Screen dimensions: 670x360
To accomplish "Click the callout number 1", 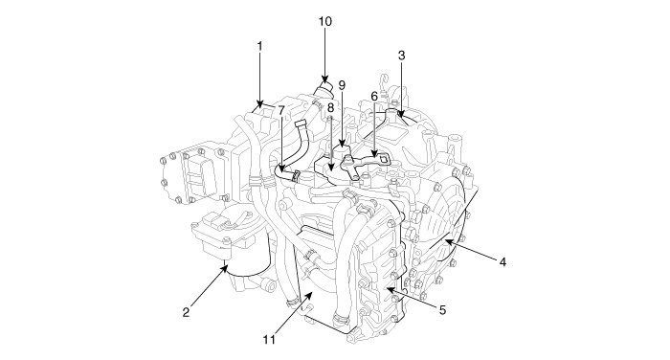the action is [x=259, y=46].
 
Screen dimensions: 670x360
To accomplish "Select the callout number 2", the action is [x=186, y=312].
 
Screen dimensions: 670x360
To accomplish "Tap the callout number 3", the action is [x=401, y=56].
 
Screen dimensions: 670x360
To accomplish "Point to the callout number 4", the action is [x=502, y=261].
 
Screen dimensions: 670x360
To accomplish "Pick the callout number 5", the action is [x=442, y=310].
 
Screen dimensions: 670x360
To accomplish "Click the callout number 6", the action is [x=374, y=96].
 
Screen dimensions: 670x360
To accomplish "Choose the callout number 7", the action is [x=280, y=110].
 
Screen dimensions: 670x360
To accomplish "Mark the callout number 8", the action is [x=330, y=108].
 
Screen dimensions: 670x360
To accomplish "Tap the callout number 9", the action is [x=342, y=85].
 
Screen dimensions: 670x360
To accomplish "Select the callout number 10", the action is [x=324, y=21].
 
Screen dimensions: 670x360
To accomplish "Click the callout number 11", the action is [x=269, y=340].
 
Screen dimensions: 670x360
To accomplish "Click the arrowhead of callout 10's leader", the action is [x=324, y=79].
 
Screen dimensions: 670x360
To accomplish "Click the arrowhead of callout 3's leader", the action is [x=401, y=114].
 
